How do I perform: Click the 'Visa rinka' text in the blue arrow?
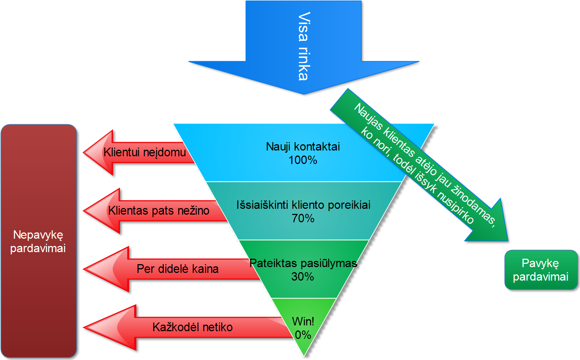303,46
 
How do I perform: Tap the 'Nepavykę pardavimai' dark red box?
38,241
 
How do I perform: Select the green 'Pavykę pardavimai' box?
541,270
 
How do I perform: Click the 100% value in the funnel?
303,160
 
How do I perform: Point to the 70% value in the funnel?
303,218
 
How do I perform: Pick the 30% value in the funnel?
303,277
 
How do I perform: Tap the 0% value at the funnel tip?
303,335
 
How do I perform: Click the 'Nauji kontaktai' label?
303,146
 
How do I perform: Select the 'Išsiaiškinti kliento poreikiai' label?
303,205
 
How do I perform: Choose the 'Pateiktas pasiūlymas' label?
303,263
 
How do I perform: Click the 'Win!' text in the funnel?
303,321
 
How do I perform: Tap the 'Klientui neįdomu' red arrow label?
145,152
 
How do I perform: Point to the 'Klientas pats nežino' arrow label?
159,211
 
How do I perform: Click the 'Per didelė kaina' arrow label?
178,269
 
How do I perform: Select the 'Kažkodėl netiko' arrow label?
192,327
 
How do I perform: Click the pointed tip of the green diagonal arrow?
507,240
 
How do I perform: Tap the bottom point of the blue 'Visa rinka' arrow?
304,94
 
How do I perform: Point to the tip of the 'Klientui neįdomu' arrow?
84,152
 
